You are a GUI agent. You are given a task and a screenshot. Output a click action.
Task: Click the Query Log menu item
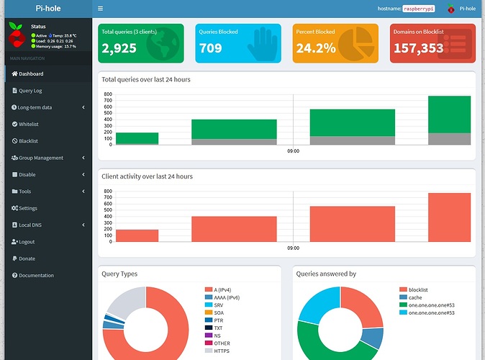30,91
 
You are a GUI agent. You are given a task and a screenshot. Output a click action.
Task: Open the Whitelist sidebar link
28,124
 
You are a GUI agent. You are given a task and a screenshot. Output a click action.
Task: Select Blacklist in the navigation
28,141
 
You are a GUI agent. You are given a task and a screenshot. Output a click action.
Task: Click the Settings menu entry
27,208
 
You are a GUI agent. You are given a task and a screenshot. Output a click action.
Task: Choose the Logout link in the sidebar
26,242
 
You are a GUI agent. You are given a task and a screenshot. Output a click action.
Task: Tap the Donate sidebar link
26,258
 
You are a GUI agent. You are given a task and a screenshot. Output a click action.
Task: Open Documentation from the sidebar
35,275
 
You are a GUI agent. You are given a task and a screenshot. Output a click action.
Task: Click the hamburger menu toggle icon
100,9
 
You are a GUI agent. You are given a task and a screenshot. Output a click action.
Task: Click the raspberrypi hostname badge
423,9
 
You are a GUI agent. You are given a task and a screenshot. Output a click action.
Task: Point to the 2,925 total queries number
119,48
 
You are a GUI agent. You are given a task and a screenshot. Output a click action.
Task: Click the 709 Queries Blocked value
211,48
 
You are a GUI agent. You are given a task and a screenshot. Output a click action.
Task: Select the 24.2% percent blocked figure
315,48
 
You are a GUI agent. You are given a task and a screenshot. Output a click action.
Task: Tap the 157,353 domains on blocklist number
417,48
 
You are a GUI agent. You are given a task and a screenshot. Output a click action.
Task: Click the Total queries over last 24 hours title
146,79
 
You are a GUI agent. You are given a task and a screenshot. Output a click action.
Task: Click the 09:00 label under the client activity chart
293,248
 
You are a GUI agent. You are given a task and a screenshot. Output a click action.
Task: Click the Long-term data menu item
35,107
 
